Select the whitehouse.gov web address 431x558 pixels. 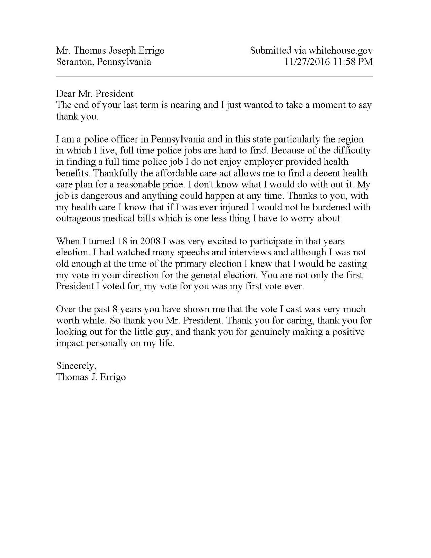(x=341, y=51)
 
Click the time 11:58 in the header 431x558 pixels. (x=344, y=62)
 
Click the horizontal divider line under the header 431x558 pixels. (x=214, y=77)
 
